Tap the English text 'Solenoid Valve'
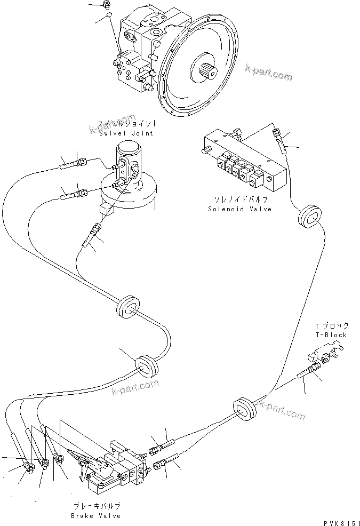(x=239, y=209)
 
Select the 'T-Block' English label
(x=331, y=334)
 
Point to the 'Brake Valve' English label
(x=95, y=516)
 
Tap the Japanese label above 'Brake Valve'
(x=95, y=506)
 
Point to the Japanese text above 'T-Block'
(x=331, y=325)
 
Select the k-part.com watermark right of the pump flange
(x=269, y=73)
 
